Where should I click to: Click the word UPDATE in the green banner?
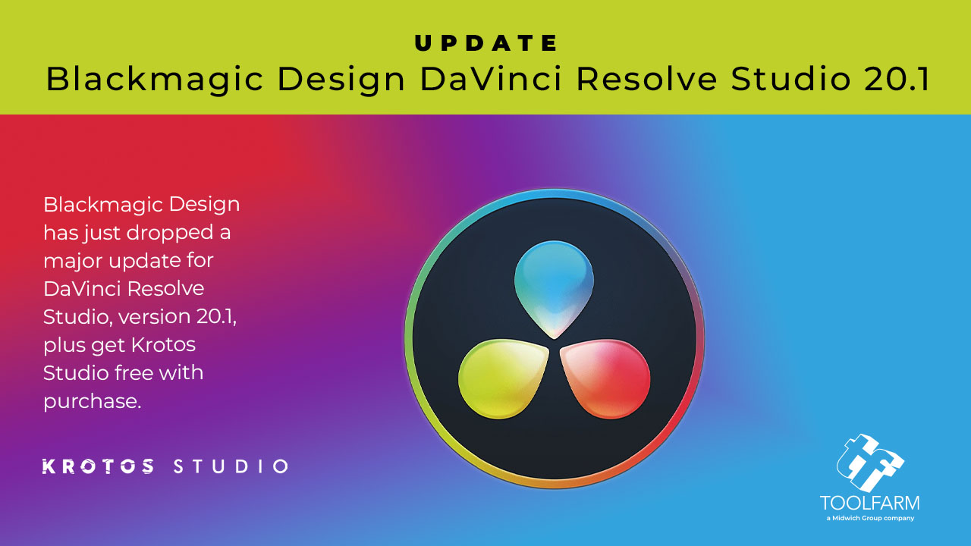485,43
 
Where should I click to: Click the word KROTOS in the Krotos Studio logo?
98,466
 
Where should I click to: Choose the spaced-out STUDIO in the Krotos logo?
231,466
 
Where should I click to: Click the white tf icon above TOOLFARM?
869,463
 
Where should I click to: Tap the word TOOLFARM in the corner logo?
869,503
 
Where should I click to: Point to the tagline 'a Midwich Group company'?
869,519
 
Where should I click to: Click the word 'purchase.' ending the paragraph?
93,401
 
